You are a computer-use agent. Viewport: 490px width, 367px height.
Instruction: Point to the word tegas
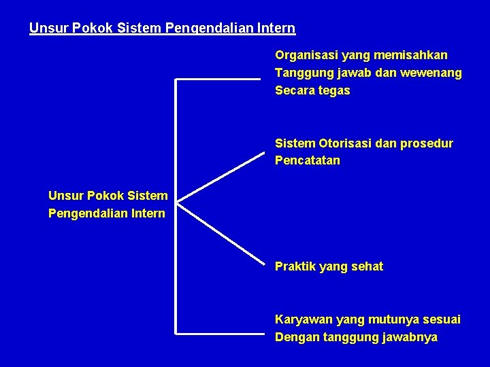point(334,90)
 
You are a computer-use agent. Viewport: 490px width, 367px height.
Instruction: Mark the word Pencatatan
point(307,161)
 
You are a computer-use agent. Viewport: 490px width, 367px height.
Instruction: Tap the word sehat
point(367,266)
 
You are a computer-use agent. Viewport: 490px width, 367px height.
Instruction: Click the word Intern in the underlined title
point(276,29)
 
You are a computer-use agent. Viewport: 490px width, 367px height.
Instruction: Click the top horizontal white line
point(218,80)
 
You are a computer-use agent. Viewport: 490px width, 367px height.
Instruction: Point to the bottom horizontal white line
point(218,333)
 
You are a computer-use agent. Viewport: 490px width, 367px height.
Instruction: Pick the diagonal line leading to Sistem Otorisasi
point(219,177)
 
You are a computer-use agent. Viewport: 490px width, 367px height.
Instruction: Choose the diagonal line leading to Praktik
point(219,231)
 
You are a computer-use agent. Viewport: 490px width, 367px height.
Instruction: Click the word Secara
point(294,90)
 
